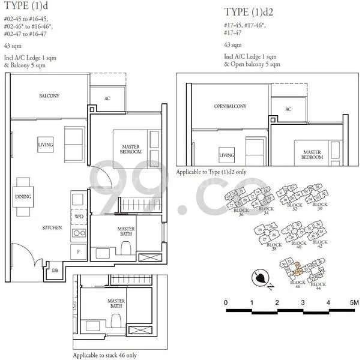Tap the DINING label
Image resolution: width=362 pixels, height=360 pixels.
click(x=23, y=196)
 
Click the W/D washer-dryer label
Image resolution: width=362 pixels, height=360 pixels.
click(x=79, y=216)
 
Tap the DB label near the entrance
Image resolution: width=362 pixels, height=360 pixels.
click(x=56, y=271)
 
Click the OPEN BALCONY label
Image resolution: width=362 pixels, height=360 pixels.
click(x=230, y=106)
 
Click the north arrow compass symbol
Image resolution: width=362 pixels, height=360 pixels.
click(x=261, y=278)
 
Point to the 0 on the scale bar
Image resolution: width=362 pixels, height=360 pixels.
click(x=226, y=302)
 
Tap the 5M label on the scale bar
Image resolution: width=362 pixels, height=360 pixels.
click(x=352, y=302)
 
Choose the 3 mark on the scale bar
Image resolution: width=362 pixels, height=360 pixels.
click(x=303, y=302)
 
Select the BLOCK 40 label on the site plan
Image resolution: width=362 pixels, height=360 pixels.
click(x=298, y=245)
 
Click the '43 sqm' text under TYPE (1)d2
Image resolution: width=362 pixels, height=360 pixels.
click(x=233, y=45)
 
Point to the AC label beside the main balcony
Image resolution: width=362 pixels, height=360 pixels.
click(x=107, y=98)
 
